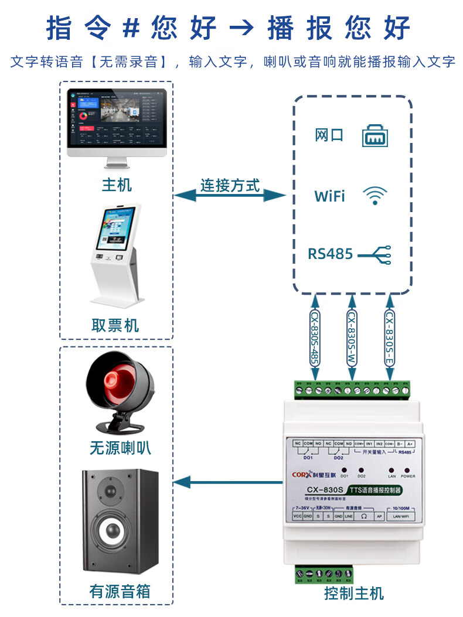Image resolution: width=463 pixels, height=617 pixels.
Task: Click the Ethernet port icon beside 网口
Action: coord(376,136)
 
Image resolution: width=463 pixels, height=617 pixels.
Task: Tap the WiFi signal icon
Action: coord(375,196)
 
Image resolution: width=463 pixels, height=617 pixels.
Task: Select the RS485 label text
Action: coord(331,254)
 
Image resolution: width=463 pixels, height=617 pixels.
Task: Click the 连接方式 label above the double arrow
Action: coord(230,186)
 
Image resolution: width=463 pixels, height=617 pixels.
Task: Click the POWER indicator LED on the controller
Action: coord(407,470)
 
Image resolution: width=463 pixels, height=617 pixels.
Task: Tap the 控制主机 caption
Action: coord(353,593)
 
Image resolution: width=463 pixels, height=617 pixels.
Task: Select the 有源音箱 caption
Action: coord(120,591)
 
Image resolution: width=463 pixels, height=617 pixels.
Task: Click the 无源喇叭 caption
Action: coord(120,449)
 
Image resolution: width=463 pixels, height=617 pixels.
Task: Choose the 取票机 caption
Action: coord(115,325)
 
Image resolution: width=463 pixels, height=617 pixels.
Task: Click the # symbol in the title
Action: coord(122,28)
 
